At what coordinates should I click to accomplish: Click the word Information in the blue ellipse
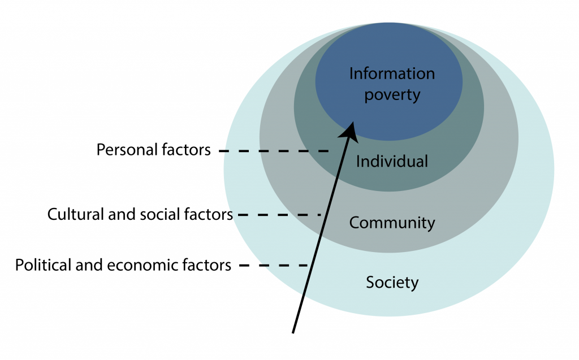392,73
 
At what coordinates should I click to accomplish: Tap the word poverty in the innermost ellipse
392,96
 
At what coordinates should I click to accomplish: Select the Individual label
392,162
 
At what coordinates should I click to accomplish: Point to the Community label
392,223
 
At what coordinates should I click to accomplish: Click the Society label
392,283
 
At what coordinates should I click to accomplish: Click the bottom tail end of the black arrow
293,333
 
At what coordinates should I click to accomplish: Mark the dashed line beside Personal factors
274,151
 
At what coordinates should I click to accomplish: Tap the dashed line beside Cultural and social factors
279,215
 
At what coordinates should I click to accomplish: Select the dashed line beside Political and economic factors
274,266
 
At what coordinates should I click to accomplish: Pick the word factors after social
208,215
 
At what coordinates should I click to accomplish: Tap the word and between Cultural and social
120,215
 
